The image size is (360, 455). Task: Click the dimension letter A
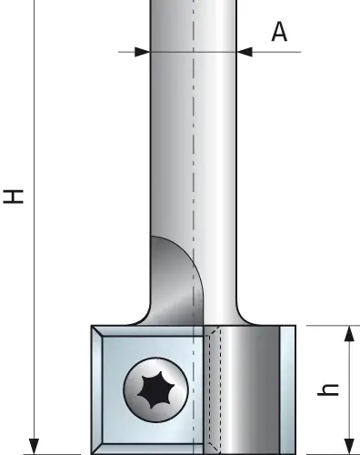(x=279, y=32)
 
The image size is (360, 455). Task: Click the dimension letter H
(x=14, y=197)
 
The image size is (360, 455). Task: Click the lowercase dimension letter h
(x=328, y=389)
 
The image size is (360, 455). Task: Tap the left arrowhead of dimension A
(x=142, y=52)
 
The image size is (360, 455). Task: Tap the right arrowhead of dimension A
(x=245, y=52)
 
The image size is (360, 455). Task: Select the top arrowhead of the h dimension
(x=350, y=334)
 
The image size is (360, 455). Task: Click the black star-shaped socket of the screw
(x=155, y=389)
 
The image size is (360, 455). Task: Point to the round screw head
(x=155, y=389)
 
